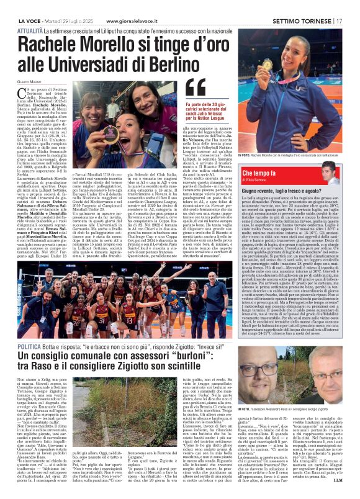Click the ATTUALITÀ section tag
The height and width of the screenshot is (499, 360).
click(30, 14)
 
